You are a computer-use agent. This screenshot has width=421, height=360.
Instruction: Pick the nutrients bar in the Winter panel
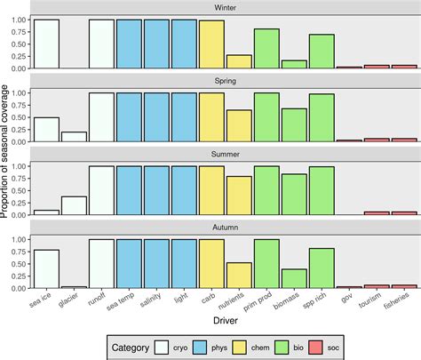tap(239, 62)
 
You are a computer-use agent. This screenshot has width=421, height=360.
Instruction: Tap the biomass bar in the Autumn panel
tap(294, 278)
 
